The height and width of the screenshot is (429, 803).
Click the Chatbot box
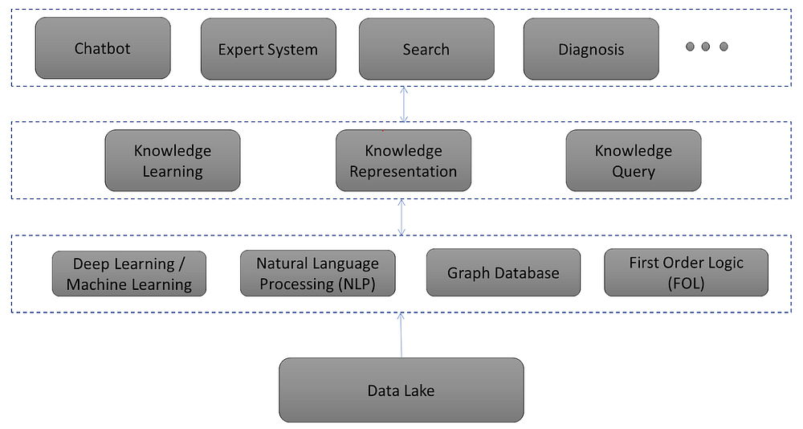pyautogui.click(x=103, y=48)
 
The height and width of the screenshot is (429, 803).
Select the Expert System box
pyautogui.click(x=267, y=49)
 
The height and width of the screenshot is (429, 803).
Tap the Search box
pyautogui.click(x=426, y=49)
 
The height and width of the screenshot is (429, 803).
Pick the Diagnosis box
pyautogui.click(x=591, y=49)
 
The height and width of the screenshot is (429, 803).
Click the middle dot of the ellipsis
pyautogui.click(x=706, y=47)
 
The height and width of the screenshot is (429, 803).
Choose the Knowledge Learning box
pyautogui.click(x=173, y=161)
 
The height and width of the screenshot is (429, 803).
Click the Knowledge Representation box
pyautogui.click(x=403, y=161)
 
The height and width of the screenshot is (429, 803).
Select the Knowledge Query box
pyautogui.click(x=634, y=161)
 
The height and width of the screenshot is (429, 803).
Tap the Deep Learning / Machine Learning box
pyautogui.click(x=129, y=274)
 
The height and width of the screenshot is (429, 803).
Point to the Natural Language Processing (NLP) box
pyautogui.click(x=317, y=273)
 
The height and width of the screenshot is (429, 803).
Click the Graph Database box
pyautogui.click(x=503, y=273)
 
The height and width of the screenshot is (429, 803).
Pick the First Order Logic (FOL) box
pyautogui.click(x=686, y=273)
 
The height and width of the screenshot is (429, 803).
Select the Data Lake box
pyautogui.click(x=401, y=390)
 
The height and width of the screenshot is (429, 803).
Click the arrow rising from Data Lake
pyautogui.click(x=401, y=334)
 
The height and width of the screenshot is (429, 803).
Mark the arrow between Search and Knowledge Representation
pyautogui.click(x=404, y=104)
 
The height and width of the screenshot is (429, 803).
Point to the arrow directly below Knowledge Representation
pyautogui.click(x=402, y=217)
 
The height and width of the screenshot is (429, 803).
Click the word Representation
pyautogui.click(x=403, y=172)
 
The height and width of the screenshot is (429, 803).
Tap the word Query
pyautogui.click(x=634, y=172)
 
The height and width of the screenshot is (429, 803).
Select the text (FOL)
pyautogui.click(x=686, y=284)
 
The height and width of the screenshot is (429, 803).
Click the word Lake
pyautogui.click(x=418, y=391)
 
